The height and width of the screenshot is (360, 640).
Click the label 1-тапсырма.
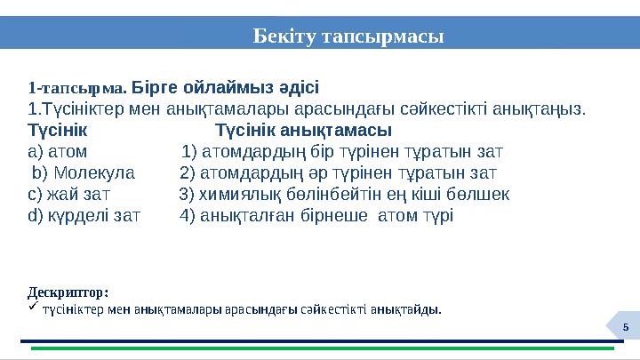(77, 89)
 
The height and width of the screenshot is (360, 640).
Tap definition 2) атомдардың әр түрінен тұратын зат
(338, 172)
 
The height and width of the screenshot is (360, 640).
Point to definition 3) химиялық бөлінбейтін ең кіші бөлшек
(344, 194)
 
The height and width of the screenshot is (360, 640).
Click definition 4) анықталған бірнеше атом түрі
(316, 215)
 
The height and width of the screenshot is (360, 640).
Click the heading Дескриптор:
(68, 292)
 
